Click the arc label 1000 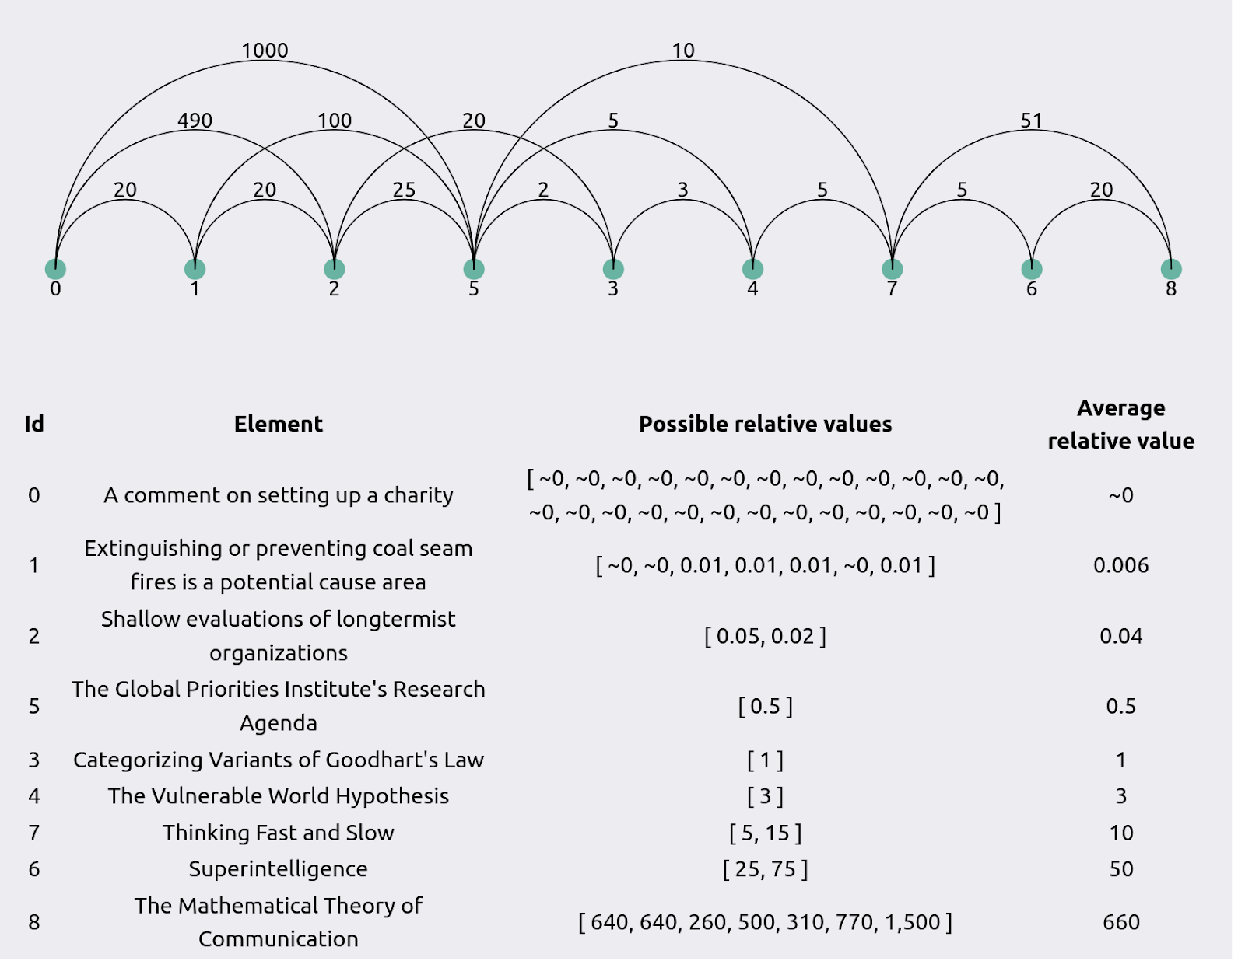point(265,51)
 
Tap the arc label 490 point(195,121)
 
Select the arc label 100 point(335,121)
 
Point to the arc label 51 point(1031,121)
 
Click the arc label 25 point(404,190)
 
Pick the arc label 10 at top point(683,51)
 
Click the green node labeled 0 point(55,268)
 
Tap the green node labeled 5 point(474,268)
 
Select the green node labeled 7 point(892,268)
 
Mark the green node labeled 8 point(1171,268)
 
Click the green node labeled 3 point(613,268)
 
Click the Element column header point(279,425)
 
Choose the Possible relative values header point(765,425)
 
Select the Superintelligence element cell point(279,869)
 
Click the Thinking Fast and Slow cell point(279,833)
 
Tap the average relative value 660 point(1121,922)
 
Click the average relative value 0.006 point(1121,565)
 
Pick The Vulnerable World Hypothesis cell point(279,795)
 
